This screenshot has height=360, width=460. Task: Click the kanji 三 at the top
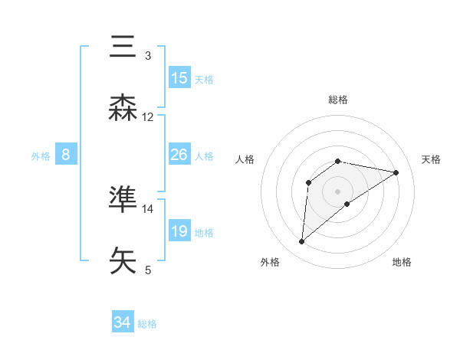(123, 47)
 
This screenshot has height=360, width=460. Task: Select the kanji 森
(123, 109)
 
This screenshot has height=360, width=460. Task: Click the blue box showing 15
(179, 78)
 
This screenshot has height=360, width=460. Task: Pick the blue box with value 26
(179, 155)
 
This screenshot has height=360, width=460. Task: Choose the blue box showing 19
(179, 231)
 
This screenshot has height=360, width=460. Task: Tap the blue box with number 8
(66, 155)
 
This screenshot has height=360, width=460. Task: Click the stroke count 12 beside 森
(148, 117)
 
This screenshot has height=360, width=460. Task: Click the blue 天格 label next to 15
(204, 79)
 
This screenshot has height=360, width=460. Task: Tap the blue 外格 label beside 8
(41, 155)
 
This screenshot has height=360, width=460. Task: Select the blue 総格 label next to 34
(147, 323)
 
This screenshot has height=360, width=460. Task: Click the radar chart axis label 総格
(338, 100)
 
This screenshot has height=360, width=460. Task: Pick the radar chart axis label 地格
(402, 262)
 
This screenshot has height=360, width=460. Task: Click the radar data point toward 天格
(396, 172)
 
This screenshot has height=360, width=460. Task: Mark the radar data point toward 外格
(302, 242)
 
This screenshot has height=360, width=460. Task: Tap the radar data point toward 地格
(347, 204)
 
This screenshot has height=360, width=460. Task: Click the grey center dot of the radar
(338, 191)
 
